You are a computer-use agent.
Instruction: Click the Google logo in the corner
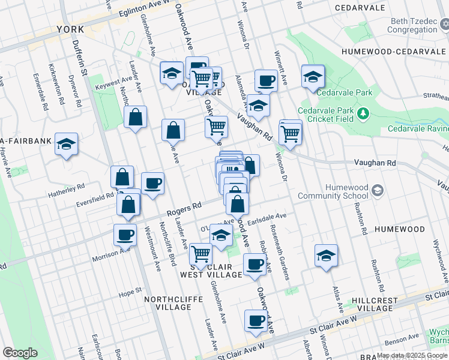[x=20, y=352]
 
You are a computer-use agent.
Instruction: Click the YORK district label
[x=71, y=29]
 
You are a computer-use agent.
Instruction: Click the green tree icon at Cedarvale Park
[x=363, y=113]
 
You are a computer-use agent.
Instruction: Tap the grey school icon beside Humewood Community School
[x=378, y=191]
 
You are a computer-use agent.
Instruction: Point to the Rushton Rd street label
[x=364, y=220]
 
